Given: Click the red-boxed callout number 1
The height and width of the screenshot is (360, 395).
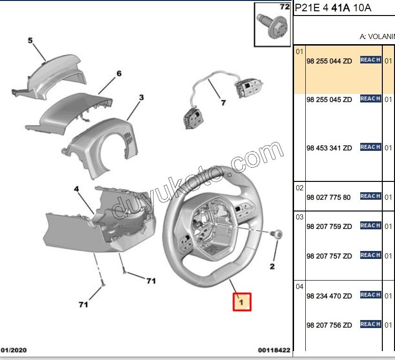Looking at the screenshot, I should point(242,302).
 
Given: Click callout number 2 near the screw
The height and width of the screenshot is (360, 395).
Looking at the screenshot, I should point(271,267).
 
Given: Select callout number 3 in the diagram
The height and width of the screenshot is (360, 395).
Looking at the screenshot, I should point(141,98).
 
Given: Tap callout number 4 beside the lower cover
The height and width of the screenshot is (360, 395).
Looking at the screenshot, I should point(77,189).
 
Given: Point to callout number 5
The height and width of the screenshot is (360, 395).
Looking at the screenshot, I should point(31,40).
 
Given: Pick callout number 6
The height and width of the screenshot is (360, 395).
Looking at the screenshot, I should point(119,73).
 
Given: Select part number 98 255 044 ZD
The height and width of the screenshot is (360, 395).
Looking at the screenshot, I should point(329,61).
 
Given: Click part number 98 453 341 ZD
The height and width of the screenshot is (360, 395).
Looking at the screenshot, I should point(329,148).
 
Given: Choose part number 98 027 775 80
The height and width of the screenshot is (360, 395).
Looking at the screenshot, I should point(328,197).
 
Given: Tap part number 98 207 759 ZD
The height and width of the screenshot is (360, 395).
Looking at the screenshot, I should point(329,227).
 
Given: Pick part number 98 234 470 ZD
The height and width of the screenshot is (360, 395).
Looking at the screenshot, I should point(329,296).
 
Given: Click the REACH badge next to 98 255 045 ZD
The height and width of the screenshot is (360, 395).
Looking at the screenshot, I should point(370,99).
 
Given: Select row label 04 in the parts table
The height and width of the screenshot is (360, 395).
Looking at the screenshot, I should point(300,287).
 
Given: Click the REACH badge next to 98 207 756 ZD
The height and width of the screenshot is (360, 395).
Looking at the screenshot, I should point(370,324).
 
